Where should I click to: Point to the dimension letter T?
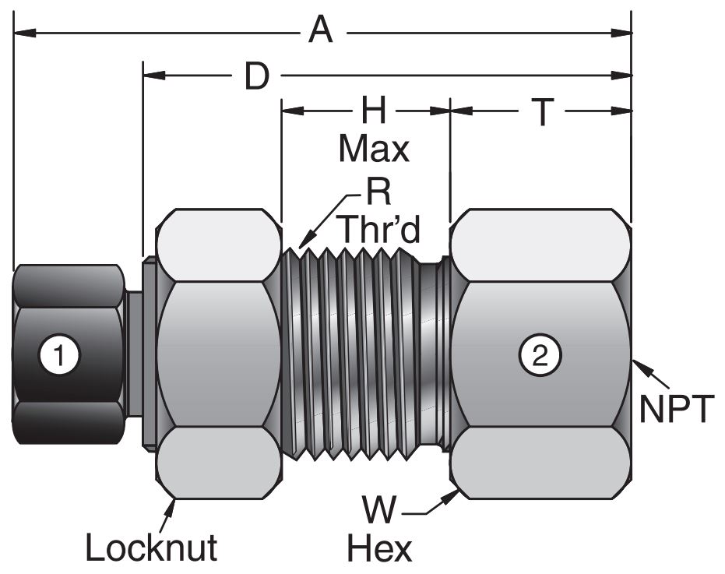(x=543, y=112)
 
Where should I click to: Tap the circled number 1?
(x=56, y=356)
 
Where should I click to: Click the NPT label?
(x=674, y=408)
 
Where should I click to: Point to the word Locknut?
(x=151, y=548)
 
